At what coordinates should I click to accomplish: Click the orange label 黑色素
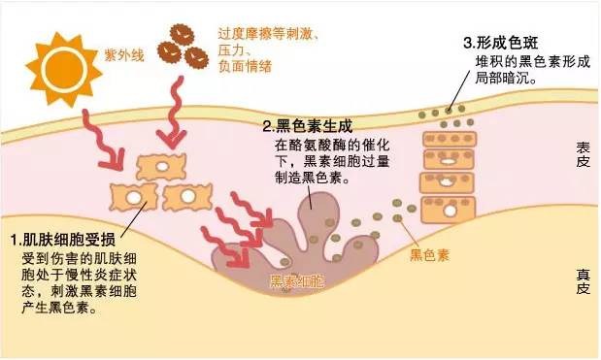428,255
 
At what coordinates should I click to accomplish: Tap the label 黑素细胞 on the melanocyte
298,282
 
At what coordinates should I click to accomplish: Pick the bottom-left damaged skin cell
131,196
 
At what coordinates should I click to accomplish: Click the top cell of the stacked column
447,136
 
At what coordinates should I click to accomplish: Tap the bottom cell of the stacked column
446,208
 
